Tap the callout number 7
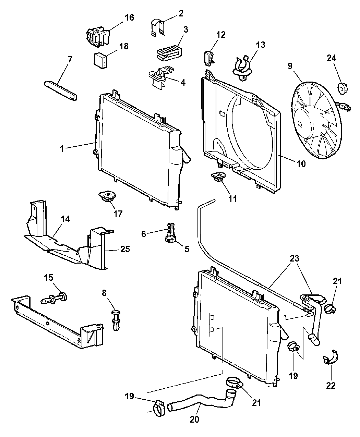pos(70,59)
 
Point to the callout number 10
pos(301,164)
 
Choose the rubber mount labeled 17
pos(107,197)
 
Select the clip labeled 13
pos(244,67)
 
